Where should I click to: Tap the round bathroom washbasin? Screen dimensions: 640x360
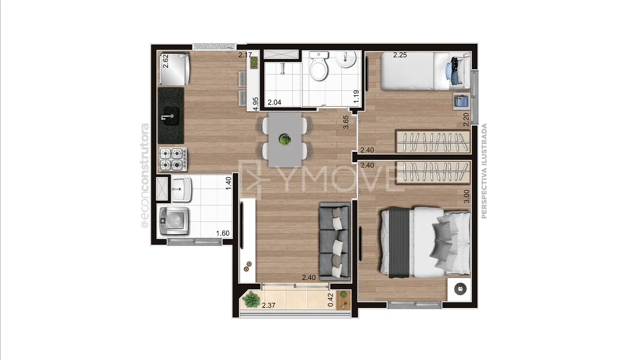(x=345, y=59)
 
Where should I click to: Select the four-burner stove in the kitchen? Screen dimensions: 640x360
(x=173, y=159)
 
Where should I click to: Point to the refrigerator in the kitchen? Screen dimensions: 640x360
(x=174, y=69)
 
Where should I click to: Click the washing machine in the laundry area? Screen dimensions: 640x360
(x=174, y=221)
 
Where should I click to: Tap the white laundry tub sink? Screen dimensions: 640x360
(x=182, y=189)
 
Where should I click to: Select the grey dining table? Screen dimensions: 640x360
(x=285, y=140)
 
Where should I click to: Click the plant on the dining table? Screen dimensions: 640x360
(x=285, y=140)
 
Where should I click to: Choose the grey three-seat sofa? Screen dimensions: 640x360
(x=335, y=241)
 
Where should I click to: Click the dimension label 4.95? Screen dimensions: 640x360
(x=256, y=104)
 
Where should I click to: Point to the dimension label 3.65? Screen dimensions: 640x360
(x=346, y=122)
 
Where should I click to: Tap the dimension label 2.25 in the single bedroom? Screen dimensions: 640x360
(x=400, y=55)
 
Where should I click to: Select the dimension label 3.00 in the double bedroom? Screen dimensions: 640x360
(x=466, y=196)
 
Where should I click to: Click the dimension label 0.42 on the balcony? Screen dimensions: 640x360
(x=331, y=300)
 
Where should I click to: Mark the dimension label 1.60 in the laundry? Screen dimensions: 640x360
(x=223, y=233)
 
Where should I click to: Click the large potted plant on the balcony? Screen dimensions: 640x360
(x=251, y=300)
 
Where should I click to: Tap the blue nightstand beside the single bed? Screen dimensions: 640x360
(x=461, y=101)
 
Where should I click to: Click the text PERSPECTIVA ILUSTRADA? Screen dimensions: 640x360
(x=484, y=171)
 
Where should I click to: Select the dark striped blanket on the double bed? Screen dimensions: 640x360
(x=399, y=242)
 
